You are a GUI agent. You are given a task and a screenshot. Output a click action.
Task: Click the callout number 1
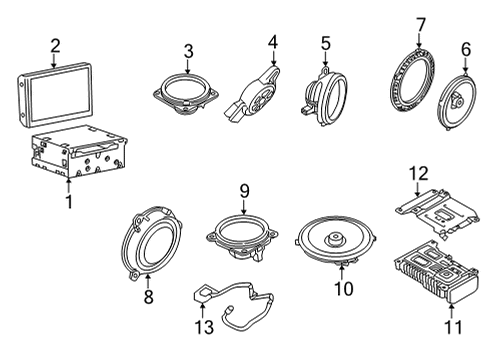coord(68,203)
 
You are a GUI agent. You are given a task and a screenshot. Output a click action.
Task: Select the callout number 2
coord(56,44)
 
